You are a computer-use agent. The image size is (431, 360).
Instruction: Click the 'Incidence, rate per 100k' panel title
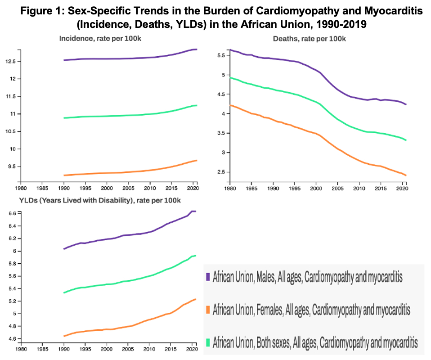100,39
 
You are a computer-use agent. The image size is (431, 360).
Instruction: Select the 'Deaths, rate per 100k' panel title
310,39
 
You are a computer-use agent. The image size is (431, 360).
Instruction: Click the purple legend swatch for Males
208,276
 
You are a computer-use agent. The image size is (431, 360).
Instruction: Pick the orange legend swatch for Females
208,310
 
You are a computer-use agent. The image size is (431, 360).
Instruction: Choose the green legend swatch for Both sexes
208,342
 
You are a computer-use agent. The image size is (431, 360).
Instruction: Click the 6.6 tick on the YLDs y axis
11,213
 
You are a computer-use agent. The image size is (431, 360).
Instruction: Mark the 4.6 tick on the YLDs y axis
11,338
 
